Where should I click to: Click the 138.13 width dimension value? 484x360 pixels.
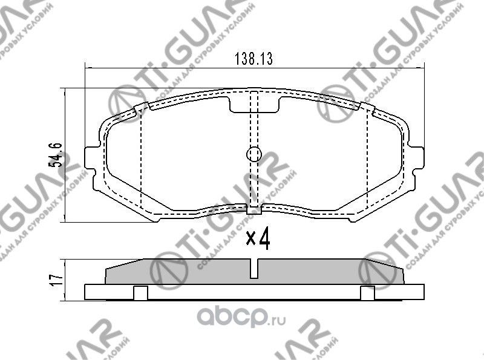[x=254, y=59]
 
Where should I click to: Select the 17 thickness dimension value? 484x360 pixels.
[x=56, y=280]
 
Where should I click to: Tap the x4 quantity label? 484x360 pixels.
[x=257, y=240]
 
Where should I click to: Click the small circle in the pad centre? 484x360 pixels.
[x=254, y=154]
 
